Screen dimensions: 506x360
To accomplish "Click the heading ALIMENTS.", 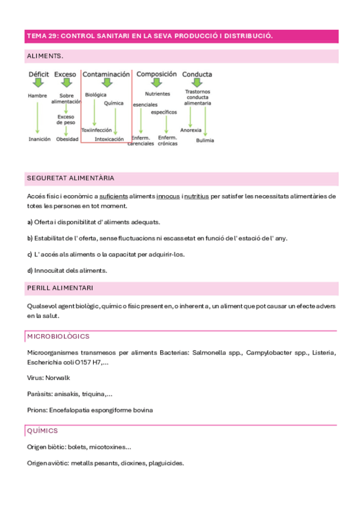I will (x=45, y=56).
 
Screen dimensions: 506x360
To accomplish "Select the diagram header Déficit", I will (x=39, y=75).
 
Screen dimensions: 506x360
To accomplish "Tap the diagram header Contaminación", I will (x=106, y=75).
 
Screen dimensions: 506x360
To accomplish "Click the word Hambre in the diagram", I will (x=37, y=95).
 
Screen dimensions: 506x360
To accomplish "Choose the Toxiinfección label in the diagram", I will (x=96, y=129).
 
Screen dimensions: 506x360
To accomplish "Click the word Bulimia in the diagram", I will (x=205, y=141).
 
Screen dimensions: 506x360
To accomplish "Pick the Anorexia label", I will (x=190, y=129).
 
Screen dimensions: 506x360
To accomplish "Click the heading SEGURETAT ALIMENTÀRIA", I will (x=71, y=178).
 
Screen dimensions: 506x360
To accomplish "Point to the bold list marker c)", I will (x=30, y=254).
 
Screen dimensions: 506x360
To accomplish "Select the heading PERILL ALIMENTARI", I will (x=60, y=288).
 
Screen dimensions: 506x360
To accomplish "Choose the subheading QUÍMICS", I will (x=42, y=430).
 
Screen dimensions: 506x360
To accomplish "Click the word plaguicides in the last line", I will (x=165, y=463).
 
